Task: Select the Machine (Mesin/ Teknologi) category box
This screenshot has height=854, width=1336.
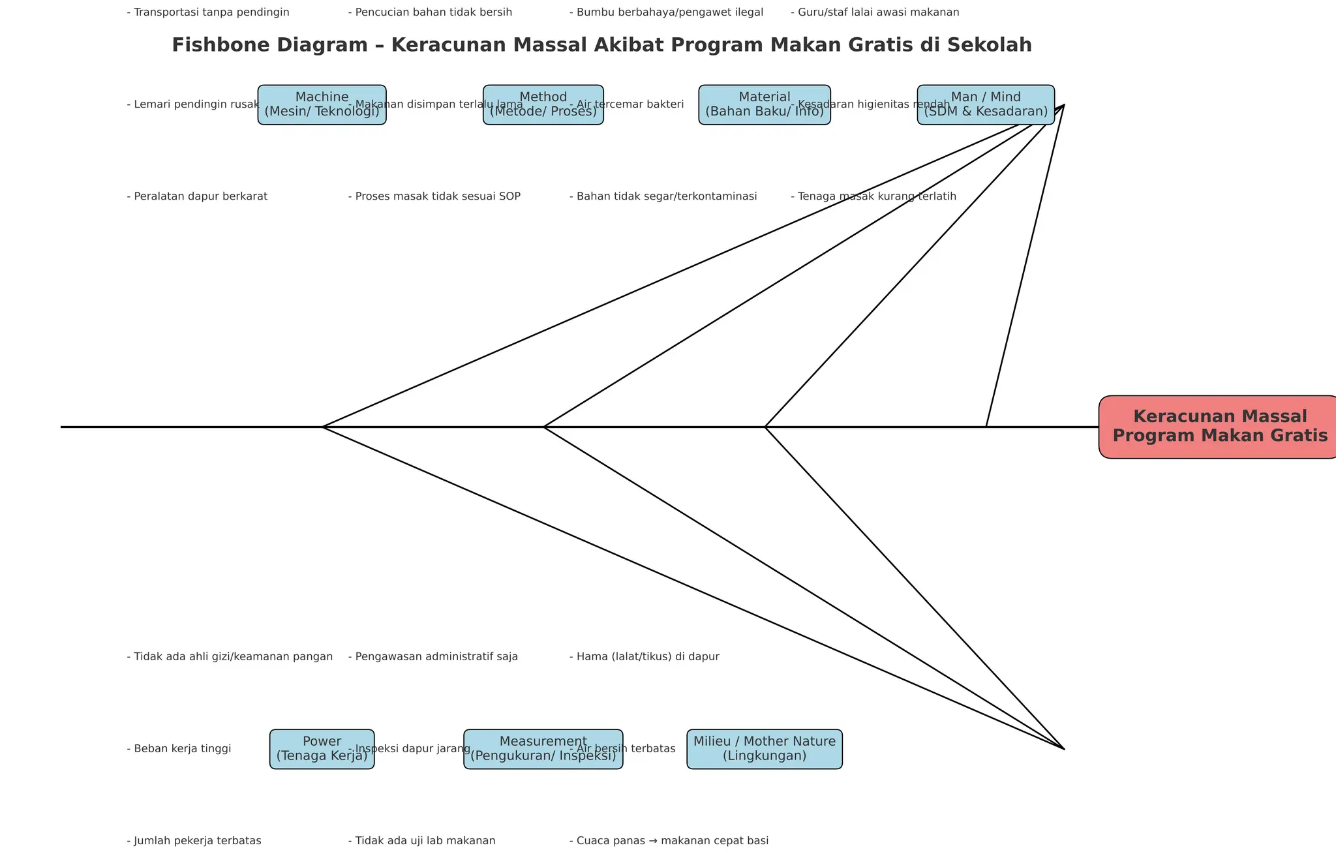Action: [322, 105]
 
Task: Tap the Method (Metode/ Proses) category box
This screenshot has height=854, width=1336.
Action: [543, 105]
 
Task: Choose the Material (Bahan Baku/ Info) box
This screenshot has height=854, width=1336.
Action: [765, 105]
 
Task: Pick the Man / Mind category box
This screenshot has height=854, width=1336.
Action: [986, 105]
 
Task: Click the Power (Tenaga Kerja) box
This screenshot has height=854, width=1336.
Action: [322, 749]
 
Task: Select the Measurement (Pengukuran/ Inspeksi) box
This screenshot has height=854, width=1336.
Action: [543, 749]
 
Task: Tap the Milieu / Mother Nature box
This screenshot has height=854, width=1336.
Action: [765, 749]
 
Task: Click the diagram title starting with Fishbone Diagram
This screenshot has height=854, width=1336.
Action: [601, 45]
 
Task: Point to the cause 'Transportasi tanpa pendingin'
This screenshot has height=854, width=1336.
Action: [208, 12]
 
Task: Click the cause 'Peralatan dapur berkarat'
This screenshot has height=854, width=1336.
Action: [197, 196]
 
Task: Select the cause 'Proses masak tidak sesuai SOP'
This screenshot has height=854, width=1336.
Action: [434, 196]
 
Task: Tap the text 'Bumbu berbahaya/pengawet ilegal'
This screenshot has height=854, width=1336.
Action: [666, 12]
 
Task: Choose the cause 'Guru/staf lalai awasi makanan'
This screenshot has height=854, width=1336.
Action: [875, 12]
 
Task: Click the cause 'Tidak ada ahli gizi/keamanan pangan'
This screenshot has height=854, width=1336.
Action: [230, 656]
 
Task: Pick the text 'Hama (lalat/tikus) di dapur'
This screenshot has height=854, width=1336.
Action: [645, 656]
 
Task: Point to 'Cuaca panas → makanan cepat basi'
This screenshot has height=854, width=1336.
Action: [669, 840]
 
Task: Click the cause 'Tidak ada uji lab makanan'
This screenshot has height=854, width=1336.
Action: [422, 840]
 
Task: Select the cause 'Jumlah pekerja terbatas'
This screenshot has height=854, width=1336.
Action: [194, 840]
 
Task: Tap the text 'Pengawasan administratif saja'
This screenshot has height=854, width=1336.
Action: [433, 656]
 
